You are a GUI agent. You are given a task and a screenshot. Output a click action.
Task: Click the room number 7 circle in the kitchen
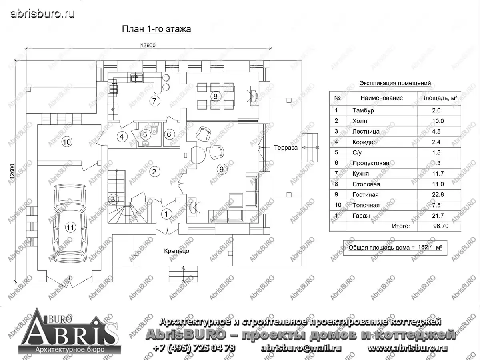point(155,101)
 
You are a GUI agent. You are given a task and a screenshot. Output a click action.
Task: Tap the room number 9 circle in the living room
point(222,169)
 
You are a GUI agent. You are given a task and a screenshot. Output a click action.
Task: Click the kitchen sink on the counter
point(137,78)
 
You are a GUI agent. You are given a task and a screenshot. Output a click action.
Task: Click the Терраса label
point(286,148)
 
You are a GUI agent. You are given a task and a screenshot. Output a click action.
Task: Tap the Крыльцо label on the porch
point(177,251)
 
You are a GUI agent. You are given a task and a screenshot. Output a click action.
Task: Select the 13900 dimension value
point(148,46)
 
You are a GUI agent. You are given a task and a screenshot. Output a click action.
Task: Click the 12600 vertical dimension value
point(12,171)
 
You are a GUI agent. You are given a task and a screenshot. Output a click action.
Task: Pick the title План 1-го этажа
point(156,29)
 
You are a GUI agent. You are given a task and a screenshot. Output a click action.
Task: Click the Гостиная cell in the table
point(366,195)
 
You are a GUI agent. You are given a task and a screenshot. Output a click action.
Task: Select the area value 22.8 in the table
point(438,195)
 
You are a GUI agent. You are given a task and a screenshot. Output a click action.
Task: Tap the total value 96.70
point(441,226)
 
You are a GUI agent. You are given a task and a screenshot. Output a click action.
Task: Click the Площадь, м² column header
point(439,98)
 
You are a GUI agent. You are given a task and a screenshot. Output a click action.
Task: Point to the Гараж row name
point(362,216)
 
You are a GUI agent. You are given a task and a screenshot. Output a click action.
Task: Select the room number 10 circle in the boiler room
point(67,142)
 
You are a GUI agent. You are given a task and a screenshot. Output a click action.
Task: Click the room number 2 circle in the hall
point(154,172)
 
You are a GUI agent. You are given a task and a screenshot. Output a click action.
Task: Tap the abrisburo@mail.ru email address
point(301,348)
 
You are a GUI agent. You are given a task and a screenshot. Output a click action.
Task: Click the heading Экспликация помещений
point(395,83)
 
